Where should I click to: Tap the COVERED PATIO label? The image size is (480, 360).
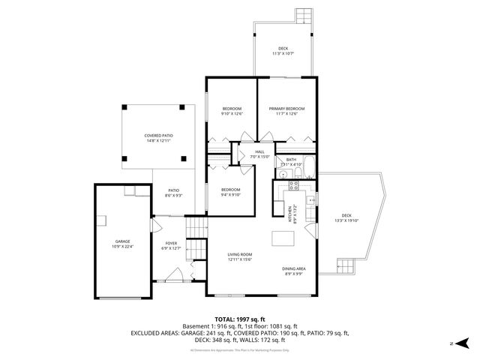pos(158,136)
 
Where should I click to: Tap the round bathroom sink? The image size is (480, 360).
pos(282,175)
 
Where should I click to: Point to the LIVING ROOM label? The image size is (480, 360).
pos(239,255)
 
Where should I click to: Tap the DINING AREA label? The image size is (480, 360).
pos(293,268)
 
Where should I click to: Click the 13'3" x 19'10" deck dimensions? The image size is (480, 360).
pos(347,220)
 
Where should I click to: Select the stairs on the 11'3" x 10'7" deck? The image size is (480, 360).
pos(303,15)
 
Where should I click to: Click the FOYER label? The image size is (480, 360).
pos(172,244)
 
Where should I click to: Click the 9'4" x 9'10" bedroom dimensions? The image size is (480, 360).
pos(230,194)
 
